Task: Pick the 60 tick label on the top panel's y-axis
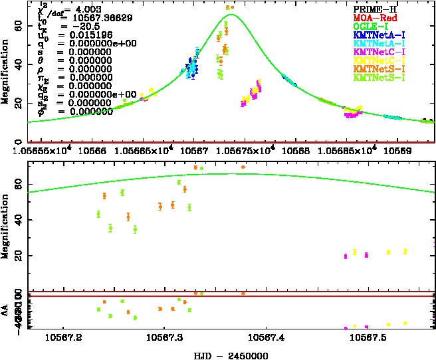tap(19, 25)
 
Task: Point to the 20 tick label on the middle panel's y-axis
tap(19, 256)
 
